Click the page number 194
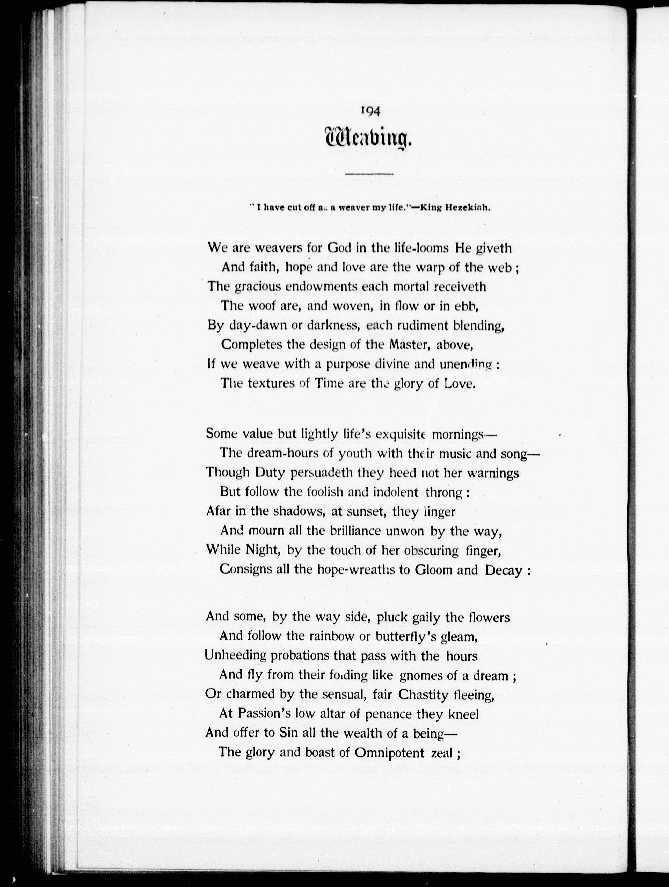pos(370,111)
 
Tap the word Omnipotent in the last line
pos(389,753)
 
